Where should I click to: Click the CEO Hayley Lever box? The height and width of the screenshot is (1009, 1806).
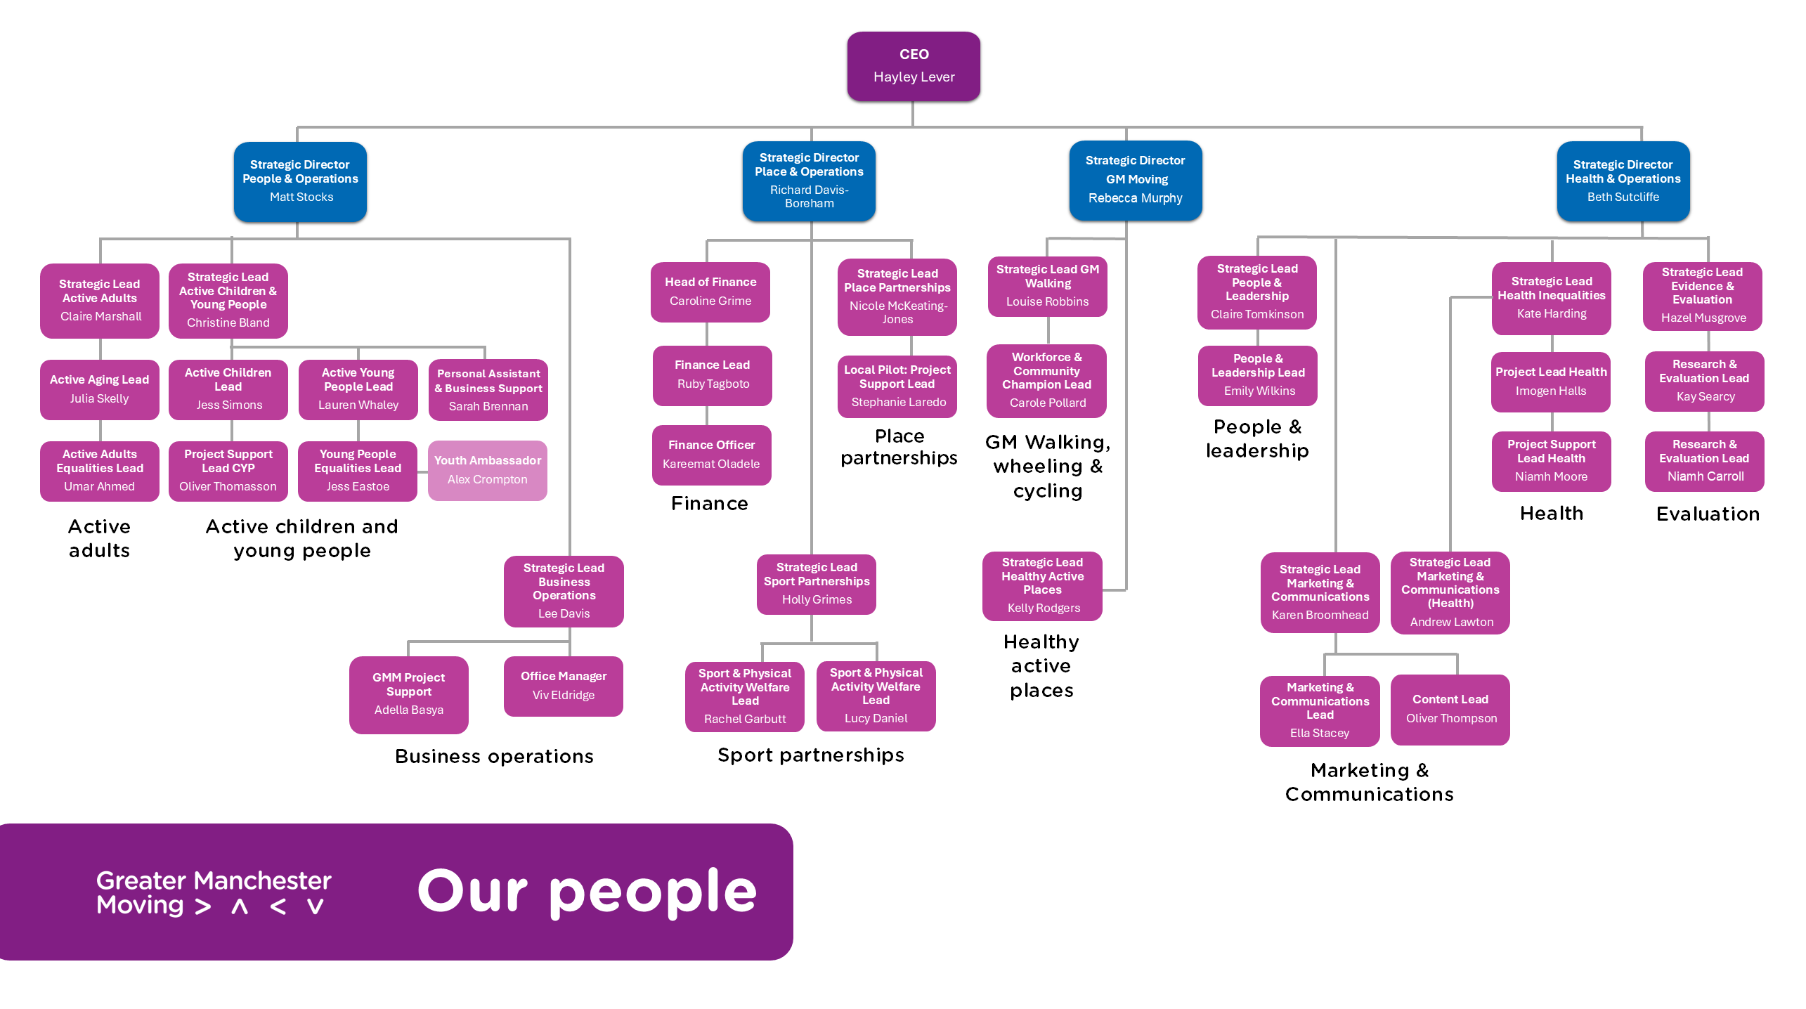point(914,66)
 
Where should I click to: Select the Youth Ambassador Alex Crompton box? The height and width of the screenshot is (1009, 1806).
point(488,470)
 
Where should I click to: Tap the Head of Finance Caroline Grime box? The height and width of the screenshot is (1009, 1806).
point(710,292)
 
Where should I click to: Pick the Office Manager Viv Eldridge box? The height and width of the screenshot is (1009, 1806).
point(564,686)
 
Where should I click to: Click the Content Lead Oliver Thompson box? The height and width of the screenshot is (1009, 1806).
point(1450,709)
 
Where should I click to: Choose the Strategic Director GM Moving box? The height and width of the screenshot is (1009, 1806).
point(1136,180)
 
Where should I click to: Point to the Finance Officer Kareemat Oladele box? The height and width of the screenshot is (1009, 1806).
point(711,455)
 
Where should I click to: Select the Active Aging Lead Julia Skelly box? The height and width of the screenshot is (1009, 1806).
point(100,389)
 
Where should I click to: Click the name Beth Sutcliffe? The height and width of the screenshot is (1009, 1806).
point(1623,197)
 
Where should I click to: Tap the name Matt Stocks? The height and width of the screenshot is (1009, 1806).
point(301,197)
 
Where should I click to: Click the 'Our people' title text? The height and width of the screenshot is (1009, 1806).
point(587,891)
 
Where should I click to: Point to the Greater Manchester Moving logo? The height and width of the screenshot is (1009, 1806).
point(214,892)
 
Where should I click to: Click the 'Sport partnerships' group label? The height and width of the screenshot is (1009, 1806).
point(811,755)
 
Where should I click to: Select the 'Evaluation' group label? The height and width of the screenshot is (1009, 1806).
point(1708,514)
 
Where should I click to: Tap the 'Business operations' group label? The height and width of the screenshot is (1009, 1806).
point(494,757)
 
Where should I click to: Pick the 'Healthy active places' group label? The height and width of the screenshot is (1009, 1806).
point(1041,665)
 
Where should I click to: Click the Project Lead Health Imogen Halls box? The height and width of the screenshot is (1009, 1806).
point(1551,382)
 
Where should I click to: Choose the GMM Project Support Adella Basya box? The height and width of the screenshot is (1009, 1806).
point(409,694)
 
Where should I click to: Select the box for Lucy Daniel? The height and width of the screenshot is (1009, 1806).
point(876,696)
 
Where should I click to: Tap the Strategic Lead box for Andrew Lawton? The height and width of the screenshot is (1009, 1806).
point(1450,592)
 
